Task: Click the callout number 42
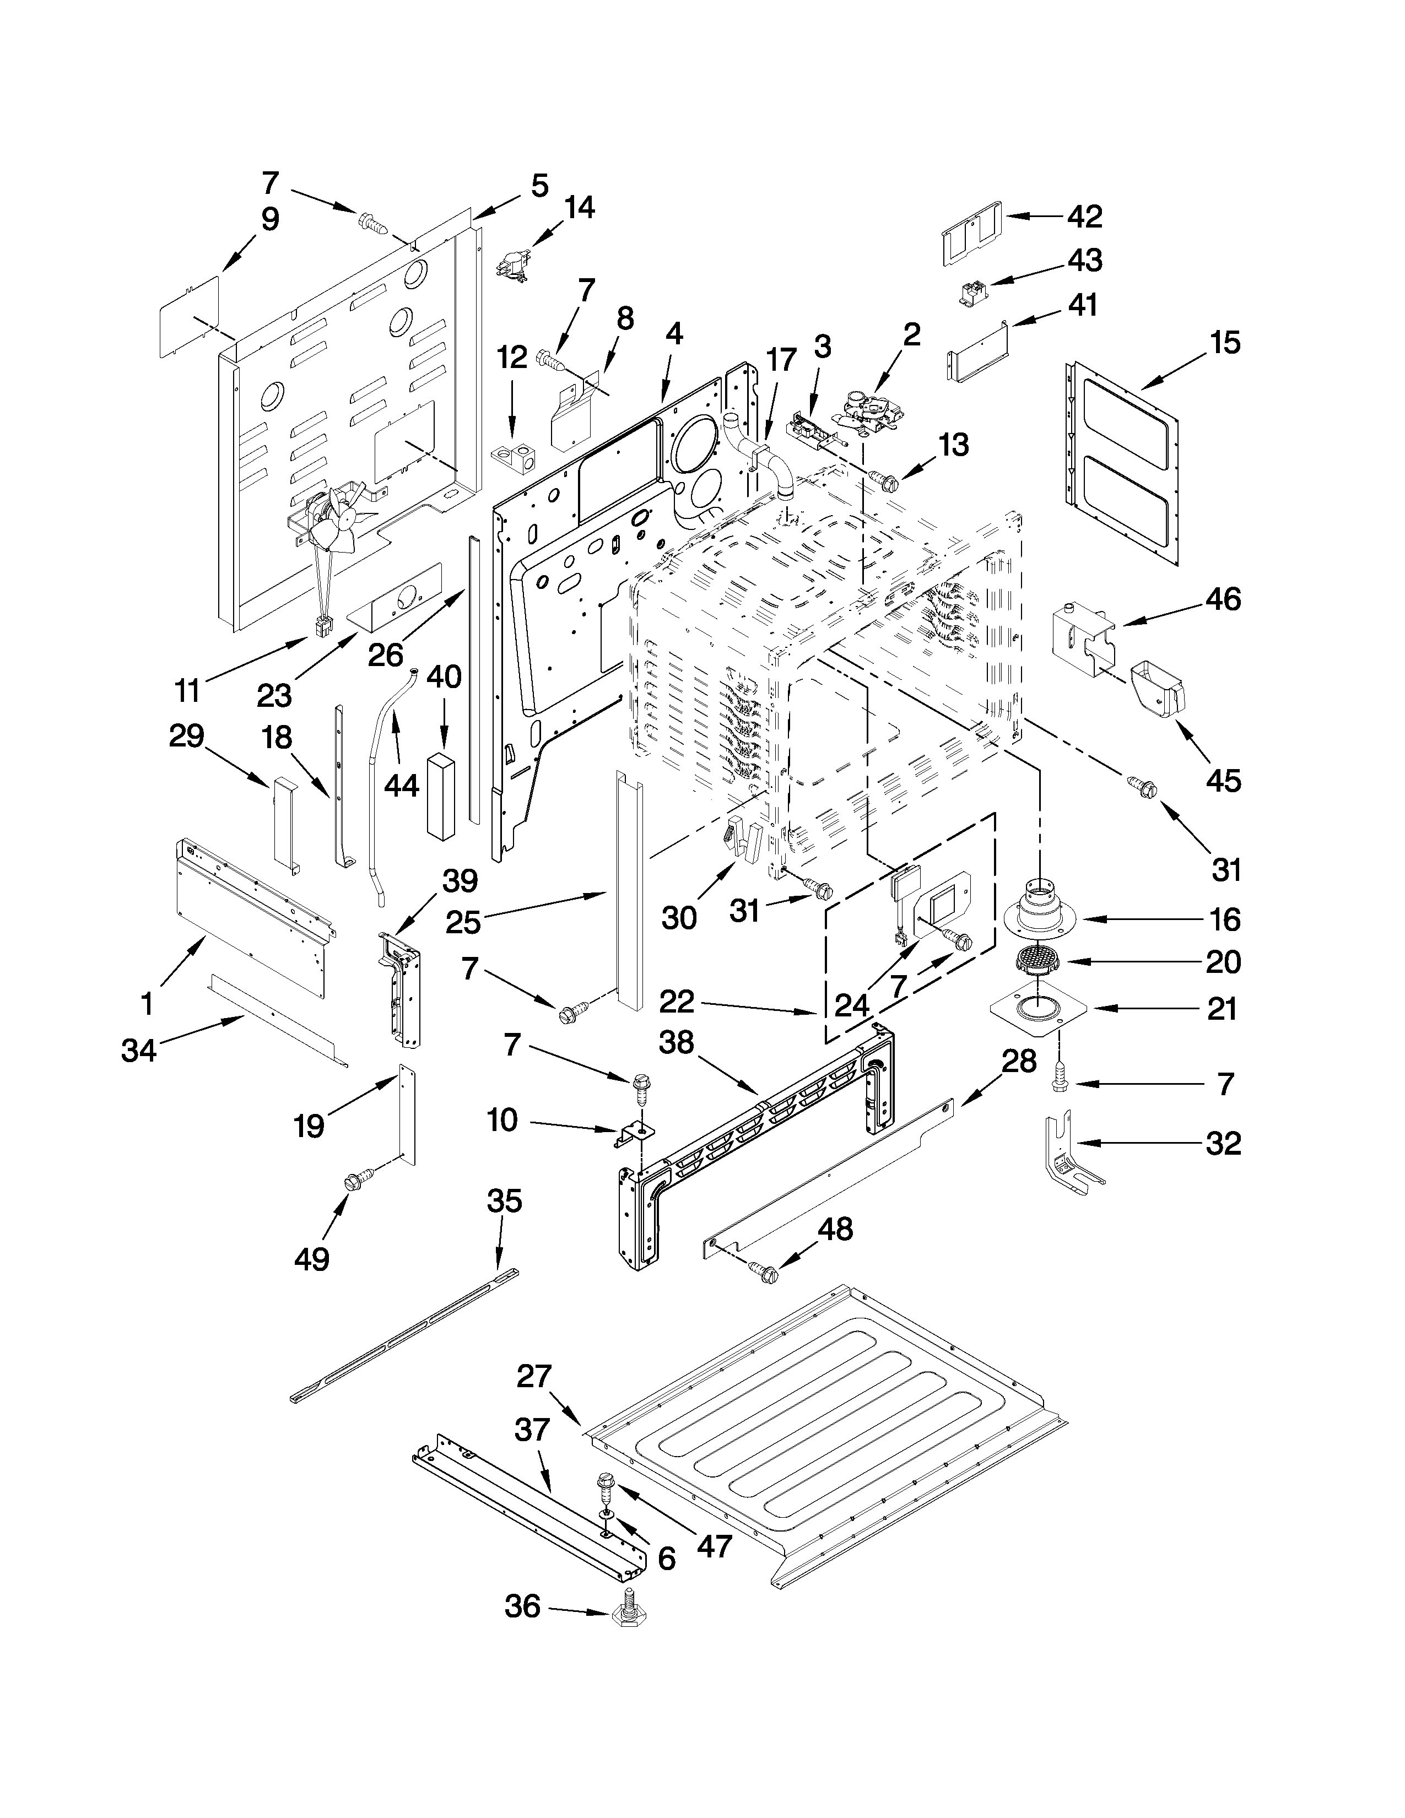coord(1085,217)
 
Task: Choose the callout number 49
coord(311,1259)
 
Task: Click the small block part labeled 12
coord(514,456)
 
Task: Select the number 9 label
coord(269,219)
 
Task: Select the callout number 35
coord(504,1200)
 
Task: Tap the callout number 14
coord(579,207)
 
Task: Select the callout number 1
coord(147,1005)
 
